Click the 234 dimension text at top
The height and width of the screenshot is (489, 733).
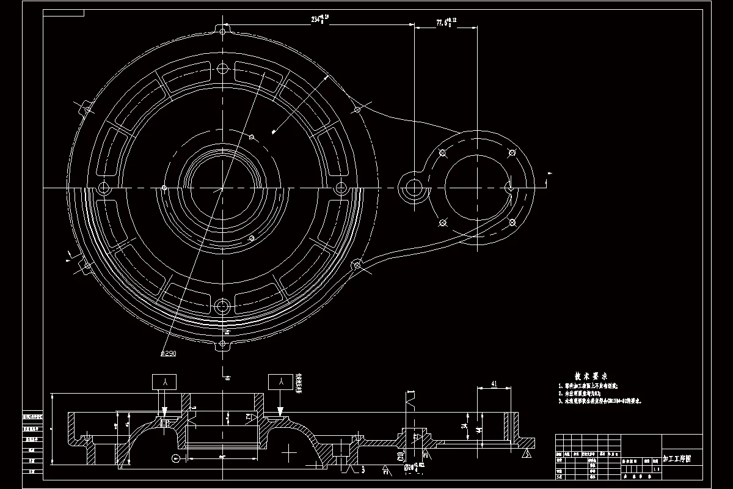tap(320, 19)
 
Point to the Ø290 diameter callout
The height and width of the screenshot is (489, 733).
tap(168, 353)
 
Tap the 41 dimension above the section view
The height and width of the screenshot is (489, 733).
tap(492, 384)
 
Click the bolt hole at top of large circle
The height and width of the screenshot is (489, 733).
tap(222, 67)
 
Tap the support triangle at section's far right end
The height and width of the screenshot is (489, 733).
tap(526, 453)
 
